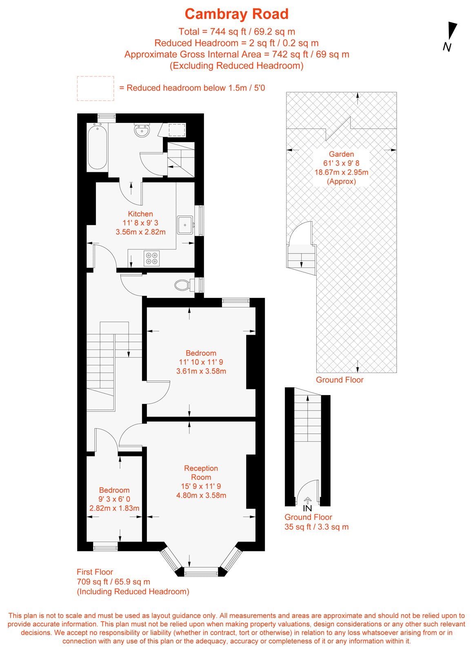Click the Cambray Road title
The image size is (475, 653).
(x=236, y=14)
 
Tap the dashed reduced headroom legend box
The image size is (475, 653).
(x=95, y=88)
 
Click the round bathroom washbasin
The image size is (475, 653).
(x=142, y=131)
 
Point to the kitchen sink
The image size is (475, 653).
(x=186, y=224)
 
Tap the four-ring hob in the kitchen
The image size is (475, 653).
(x=151, y=258)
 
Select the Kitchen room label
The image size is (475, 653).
(x=140, y=214)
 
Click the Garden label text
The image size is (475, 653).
(x=341, y=154)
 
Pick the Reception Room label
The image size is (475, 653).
(x=201, y=473)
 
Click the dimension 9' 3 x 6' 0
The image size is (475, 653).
(x=114, y=499)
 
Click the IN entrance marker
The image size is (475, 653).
(x=307, y=508)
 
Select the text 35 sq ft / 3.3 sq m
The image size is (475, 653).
(x=316, y=526)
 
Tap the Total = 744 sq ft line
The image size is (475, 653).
(x=236, y=31)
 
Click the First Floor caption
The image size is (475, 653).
(x=95, y=572)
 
